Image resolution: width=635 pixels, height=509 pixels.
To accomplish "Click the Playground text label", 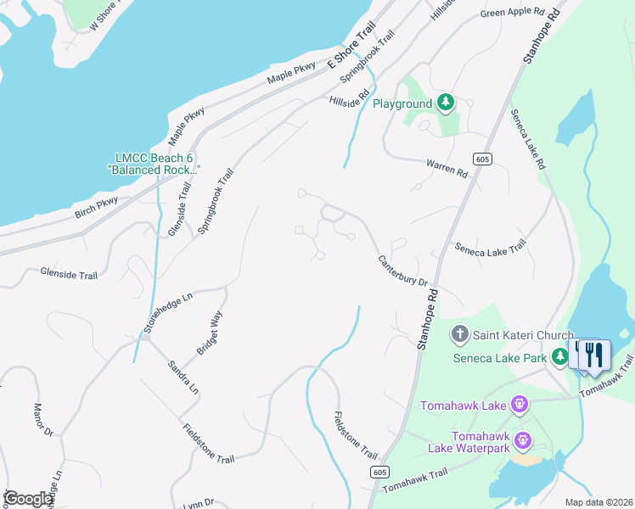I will [402, 103].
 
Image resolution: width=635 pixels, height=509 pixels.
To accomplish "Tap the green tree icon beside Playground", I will [446, 103].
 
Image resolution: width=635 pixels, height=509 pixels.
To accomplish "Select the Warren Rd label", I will [447, 168].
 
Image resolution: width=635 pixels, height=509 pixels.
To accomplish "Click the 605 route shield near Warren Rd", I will [482, 159].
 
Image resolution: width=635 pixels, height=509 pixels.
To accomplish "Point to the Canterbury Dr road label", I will [402, 271].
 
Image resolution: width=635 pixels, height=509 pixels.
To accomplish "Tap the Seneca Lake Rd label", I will [526, 138].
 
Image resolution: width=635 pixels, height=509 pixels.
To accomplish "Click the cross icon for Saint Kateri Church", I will [459, 334].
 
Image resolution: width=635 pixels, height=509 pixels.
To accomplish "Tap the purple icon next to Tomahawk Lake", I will [520, 406].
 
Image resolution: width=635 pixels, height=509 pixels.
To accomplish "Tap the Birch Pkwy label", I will [97, 208].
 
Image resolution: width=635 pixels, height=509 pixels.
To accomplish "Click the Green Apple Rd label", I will [512, 12].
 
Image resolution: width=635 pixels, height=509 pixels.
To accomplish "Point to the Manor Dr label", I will [43, 421].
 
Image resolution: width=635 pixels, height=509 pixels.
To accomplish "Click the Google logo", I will [28, 499].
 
